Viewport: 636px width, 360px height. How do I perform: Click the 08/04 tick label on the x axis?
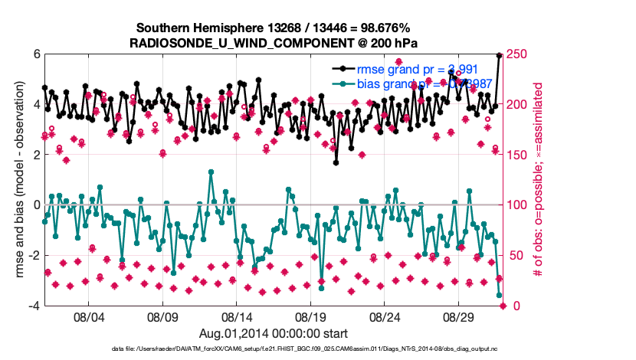[x=88, y=316]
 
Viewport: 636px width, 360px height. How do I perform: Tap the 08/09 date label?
[x=162, y=316]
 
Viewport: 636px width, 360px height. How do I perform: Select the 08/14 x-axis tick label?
[x=237, y=316]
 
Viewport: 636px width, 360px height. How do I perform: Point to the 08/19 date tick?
[x=311, y=316]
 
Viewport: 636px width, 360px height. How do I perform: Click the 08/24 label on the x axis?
[x=385, y=316]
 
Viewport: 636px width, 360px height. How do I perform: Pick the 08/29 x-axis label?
[x=460, y=316]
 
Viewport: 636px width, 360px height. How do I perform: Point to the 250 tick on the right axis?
[x=520, y=54]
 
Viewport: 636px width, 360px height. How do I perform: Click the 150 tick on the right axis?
[x=520, y=155]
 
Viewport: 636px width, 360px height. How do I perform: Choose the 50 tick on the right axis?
[x=517, y=255]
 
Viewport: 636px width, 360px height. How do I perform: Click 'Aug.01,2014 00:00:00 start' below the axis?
[x=274, y=333]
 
